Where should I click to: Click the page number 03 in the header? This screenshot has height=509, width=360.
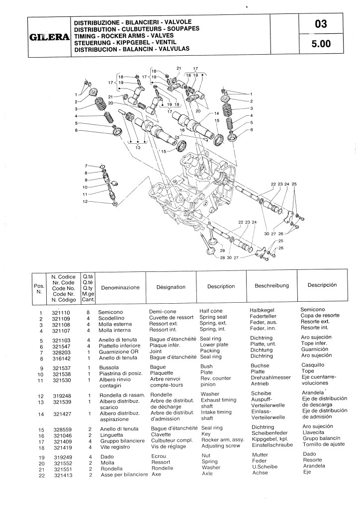[321, 24]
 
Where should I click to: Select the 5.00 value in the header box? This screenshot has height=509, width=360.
[321, 44]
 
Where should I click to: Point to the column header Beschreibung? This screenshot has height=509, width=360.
[271, 286]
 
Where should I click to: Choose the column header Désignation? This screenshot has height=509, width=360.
[171, 287]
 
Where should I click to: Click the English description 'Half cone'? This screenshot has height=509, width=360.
[211, 311]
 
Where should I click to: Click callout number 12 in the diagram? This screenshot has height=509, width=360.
[85, 201]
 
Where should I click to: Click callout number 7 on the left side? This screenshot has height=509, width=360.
[86, 166]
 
